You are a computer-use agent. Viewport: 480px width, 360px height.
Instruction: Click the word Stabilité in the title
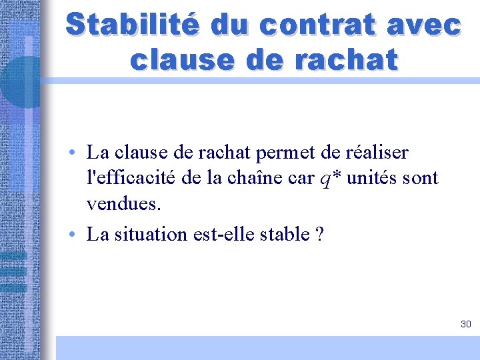click(132, 25)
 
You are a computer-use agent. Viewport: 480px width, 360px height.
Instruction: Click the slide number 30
click(465, 324)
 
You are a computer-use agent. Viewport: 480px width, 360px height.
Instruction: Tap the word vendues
click(124, 204)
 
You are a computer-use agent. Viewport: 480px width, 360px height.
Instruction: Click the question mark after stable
click(318, 235)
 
